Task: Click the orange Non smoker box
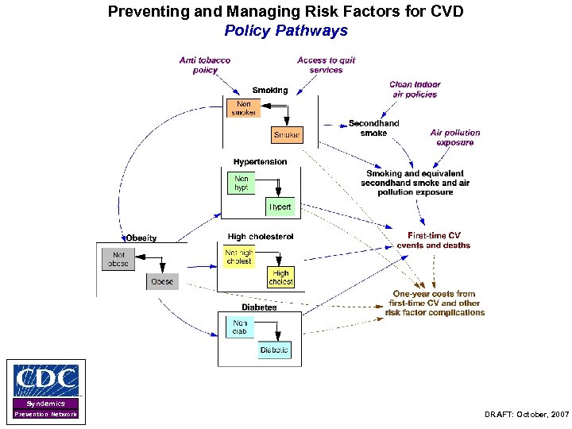pos(243,108)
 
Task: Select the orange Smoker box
pos(287,135)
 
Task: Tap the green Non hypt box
pos(242,184)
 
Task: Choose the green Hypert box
pos(280,207)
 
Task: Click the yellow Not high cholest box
pos(238,257)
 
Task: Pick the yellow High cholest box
pos(280,277)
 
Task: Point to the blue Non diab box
pos(239,328)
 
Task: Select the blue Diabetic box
pos(274,350)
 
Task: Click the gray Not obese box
pos(118,259)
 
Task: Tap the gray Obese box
pos(162,281)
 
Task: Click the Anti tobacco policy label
pos(205,64)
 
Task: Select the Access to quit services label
pos(326,64)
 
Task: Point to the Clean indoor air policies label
pos(415,89)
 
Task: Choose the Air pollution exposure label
pos(455,137)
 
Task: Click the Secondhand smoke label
pos(373,128)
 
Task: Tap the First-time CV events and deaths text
pos(434,240)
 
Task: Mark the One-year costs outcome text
pos(435,303)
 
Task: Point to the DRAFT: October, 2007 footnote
pos(526,415)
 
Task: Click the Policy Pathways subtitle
pos(286,31)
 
